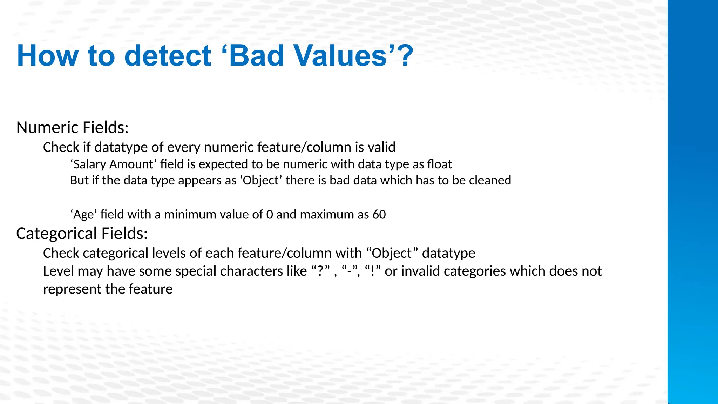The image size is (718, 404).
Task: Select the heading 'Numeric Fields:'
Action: coord(73,127)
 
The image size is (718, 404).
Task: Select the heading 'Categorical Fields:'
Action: coord(82,234)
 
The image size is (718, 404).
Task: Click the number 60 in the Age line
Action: coord(379,214)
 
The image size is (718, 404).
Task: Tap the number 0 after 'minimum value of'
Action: coord(269,214)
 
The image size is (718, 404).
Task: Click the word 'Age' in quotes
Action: coord(84,214)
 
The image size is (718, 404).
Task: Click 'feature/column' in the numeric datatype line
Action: coord(277,147)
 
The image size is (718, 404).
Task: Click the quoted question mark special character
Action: coord(321,271)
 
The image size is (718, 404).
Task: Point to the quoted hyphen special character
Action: coord(350,271)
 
